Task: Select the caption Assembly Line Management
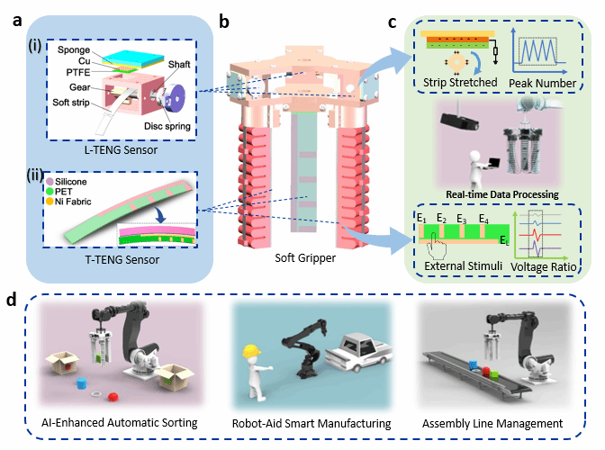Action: click(x=494, y=423)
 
